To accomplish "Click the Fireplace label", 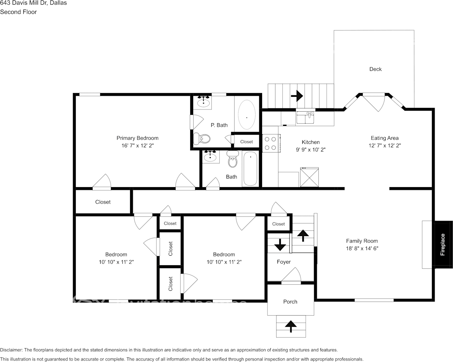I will (x=443, y=245).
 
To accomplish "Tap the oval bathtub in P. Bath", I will (x=246, y=115).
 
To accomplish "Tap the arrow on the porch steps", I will (x=291, y=326).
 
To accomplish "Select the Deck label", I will (x=375, y=69).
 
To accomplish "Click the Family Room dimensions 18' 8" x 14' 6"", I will (x=362, y=248).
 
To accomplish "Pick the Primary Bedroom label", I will (x=137, y=138).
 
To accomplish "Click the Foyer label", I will (x=284, y=262).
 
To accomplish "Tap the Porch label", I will (x=290, y=302).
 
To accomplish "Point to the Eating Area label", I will (x=385, y=138).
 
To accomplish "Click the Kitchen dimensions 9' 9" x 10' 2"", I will (x=310, y=150).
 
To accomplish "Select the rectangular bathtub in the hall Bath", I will (x=250, y=169).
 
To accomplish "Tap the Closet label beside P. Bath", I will (x=246, y=142).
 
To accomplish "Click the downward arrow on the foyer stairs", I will (x=280, y=244).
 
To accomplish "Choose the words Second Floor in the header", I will (x=18, y=12).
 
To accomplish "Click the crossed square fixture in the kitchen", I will (x=310, y=177).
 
